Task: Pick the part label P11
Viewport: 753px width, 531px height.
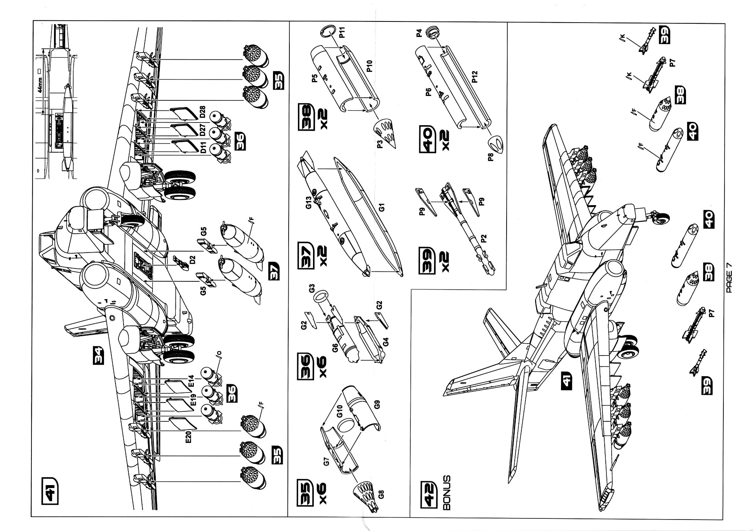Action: [342, 32]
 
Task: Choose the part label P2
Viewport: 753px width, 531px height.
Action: [483, 238]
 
